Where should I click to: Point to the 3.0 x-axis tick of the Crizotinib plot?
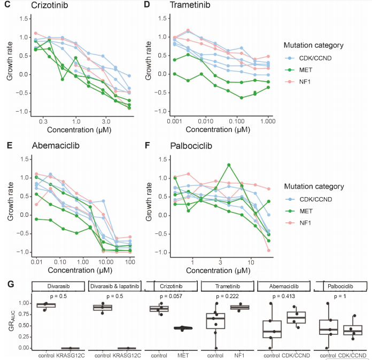click(x=106, y=122)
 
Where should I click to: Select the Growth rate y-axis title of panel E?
click(x=10, y=202)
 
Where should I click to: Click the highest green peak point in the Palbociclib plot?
click(x=229, y=165)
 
